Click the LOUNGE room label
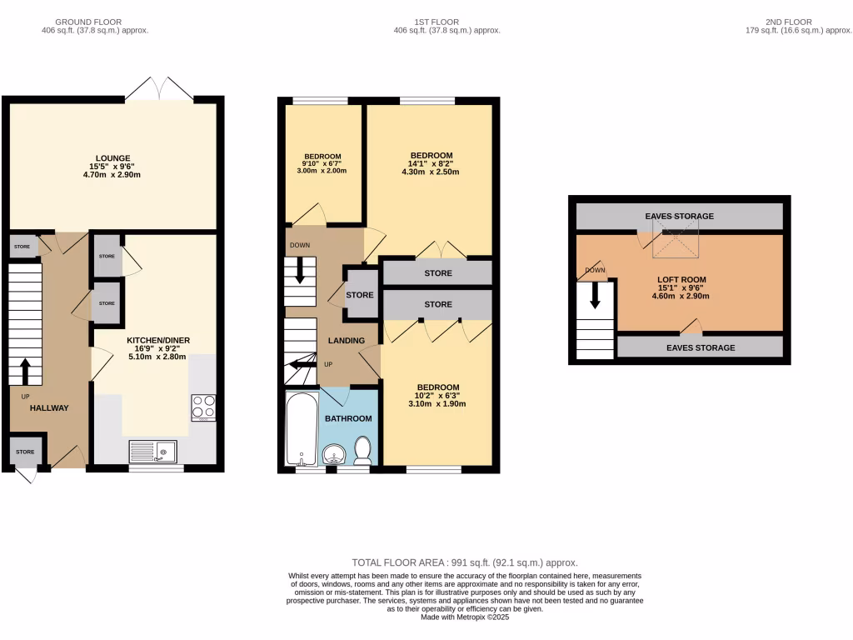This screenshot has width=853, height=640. [x=113, y=157]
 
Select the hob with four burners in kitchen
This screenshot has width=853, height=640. [x=203, y=407]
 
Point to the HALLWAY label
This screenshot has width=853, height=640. [x=49, y=407]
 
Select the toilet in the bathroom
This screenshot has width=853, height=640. [x=362, y=450]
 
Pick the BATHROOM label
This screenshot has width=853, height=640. [x=348, y=418]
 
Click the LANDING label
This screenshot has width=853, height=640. [x=347, y=341]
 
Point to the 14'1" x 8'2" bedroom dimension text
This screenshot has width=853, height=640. [x=431, y=164]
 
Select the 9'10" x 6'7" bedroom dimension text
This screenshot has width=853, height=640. [x=322, y=163]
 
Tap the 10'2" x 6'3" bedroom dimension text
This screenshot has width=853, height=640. [x=437, y=396]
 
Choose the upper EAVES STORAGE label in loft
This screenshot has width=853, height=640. [x=679, y=217]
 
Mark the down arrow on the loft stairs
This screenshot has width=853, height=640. [x=595, y=295]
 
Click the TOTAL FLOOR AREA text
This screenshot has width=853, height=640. [x=465, y=562]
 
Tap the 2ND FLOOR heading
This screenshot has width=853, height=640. [x=788, y=22]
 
